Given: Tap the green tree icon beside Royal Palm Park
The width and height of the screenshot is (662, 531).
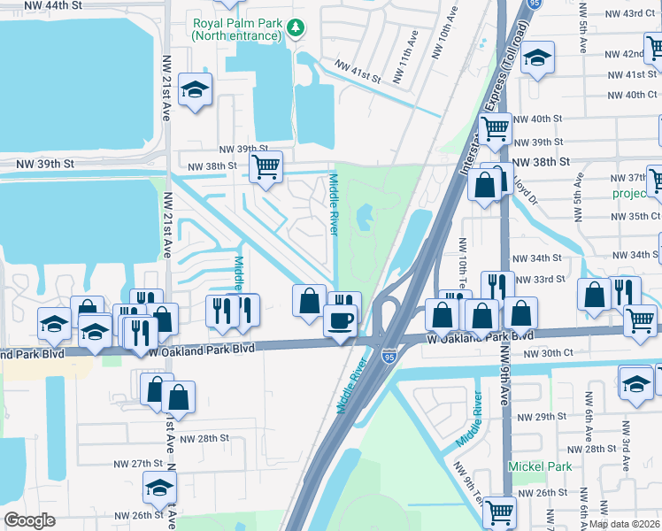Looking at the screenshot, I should tap(296, 29).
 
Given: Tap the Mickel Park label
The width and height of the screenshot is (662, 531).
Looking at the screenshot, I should tap(540, 466).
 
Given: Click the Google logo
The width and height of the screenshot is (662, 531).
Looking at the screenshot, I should tap(29, 520).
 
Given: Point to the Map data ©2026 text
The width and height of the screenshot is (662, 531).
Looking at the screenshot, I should tap(624, 524).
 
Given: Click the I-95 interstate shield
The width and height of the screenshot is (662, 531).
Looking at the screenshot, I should tap(389, 356).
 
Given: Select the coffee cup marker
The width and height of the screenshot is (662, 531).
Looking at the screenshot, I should tap(340, 319).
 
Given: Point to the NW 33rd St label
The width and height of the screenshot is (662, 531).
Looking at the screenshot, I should tap(541, 280).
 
